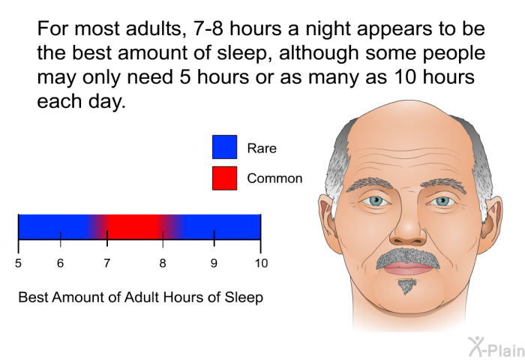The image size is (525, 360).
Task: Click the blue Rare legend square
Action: coord(224,147)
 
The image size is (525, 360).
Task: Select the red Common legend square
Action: coord(224,178)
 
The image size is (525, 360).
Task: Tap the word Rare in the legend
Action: coord(262,148)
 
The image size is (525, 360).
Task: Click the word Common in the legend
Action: coord(274,178)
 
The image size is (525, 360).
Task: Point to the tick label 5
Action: coord(18,263)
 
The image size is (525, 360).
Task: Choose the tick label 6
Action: coord(60,263)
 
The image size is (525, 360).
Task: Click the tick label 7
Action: coord(106,263)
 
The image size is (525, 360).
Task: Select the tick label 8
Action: coord(163,263)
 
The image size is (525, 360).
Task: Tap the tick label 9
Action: coord(214,263)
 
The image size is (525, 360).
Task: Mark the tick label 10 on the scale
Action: coord(261,263)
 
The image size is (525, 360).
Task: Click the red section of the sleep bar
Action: coord(134,226)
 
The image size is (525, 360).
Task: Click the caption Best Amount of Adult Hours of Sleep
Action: coord(141,298)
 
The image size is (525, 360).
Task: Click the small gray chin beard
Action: coord(406,286)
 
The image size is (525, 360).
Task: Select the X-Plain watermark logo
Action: coord(496,347)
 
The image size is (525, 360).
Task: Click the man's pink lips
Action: coord(409,268)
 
